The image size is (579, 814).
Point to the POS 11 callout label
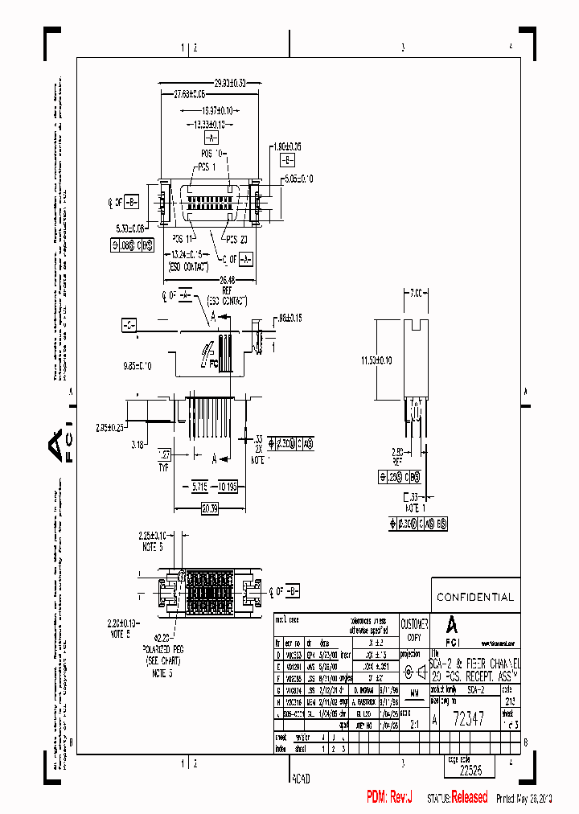coord(183,239)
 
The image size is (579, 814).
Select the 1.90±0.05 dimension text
coord(286,147)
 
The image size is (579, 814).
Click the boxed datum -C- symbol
coord(129,325)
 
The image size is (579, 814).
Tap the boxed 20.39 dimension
coord(209,508)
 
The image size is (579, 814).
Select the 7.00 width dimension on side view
coord(416,294)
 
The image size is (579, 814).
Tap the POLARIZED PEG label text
coord(165,647)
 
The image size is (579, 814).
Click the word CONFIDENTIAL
coord(474,597)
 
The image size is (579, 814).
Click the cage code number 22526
coord(471,770)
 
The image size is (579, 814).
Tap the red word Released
coord(469,797)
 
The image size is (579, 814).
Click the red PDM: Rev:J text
coord(389,797)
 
